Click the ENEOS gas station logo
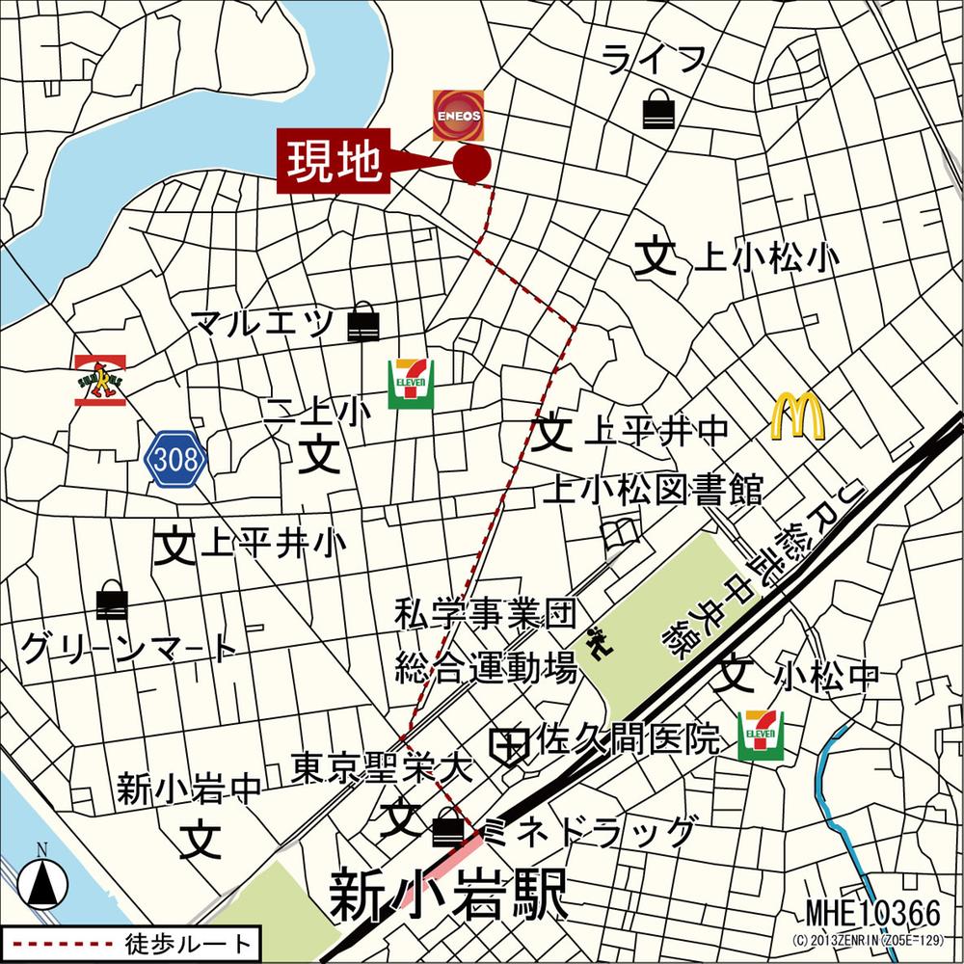coord(457,115)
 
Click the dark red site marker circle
coord(471,165)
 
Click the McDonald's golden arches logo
coord(797,416)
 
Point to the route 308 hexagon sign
coord(176,461)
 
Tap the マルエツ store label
coord(262,323)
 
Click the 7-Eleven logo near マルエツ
coord(411,383)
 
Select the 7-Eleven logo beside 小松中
coord(761,736)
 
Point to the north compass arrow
coord(42,879)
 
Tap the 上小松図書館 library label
coord(653,490)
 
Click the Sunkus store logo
coord(100,380)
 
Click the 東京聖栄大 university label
coord(383,768)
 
